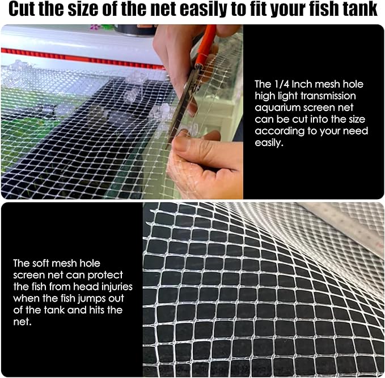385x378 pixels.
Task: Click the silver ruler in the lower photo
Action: (x=352, y=226)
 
